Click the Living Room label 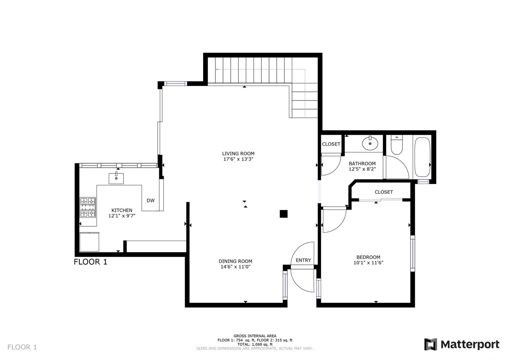click(x=238, y=154)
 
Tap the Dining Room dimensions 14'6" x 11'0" click(x=236, y=267)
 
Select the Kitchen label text click(x=122, y=210)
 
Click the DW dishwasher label click(x=150, y=200)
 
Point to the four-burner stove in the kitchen click(x=88, y=207)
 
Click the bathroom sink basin click(x=370, y=143)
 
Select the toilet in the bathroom click(x=397, y=145)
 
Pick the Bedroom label click(x=368, y=257)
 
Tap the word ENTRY click(x=303, y=260)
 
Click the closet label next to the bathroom click(x=331, y=144)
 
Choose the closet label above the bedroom click(x=384, y=192)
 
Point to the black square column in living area click(x=283, y=214)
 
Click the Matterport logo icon click(x=431, y=344)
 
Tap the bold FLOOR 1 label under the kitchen click(x=91, y=262)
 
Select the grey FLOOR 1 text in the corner click(x=22, y=347)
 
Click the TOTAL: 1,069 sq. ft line click(x=255, y=344)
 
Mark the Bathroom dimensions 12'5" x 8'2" click(x=362, y=169)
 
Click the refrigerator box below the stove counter click(x=89, y=242)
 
